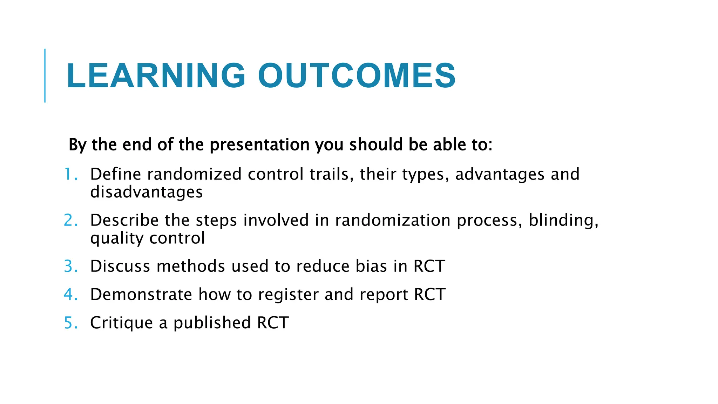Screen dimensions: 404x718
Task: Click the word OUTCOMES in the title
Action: [x=357, y=76]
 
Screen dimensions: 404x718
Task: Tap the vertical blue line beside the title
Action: [x=45, y=75]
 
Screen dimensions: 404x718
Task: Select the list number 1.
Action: [x=70, y=174]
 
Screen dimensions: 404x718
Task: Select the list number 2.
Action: [x=70, y=220]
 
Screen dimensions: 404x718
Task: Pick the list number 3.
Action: [x=70, y=266]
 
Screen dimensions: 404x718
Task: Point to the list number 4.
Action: [x=70, y=294]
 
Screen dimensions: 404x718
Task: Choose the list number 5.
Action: [x=70, y=323]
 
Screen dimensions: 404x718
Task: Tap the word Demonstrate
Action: [x=141, y=294]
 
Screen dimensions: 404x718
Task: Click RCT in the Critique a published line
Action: [x=273, y=323]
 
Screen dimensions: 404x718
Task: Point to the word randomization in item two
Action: [x=392, y=220]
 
